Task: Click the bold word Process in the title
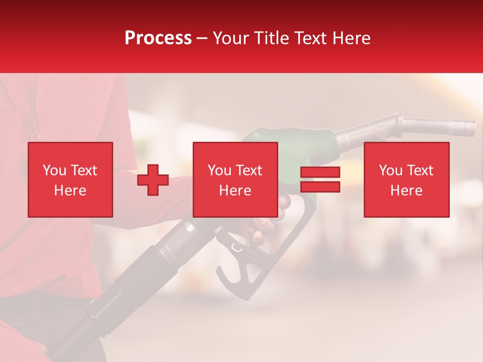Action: (158, 38)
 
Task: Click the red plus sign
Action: (153, 180)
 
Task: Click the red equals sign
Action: (320, 179)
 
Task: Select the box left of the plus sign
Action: (70, 180)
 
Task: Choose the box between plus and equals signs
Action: (235, 180)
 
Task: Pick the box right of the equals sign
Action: (407, 180)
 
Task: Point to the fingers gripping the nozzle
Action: (264, 229)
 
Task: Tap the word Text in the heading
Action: (311, 38)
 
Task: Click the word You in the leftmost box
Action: (54, 170)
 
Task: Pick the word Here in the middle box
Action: (235, 191)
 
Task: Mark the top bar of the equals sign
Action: (320, 172)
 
